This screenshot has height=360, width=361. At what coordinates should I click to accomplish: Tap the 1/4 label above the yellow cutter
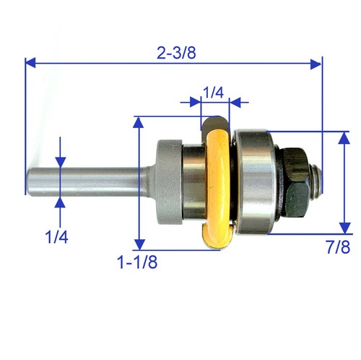coord(214,92)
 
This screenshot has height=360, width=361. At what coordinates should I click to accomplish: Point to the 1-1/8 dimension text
coord(136,262)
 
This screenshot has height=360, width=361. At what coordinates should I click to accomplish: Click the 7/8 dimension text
coord(337,247)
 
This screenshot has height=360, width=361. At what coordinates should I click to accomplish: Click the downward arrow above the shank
coord(61,160)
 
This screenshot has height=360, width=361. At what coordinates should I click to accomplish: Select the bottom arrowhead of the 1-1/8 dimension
coord(137,243)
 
